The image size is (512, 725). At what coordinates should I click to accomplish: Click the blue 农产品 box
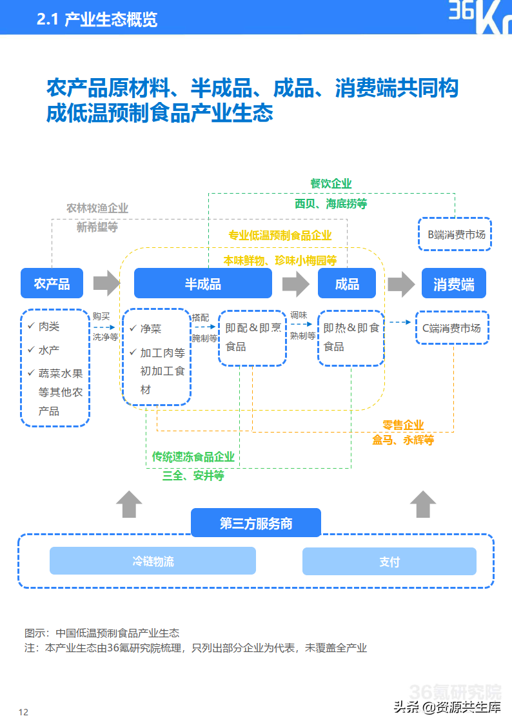[x=52, y=283]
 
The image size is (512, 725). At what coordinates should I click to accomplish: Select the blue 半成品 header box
[x=202, y=283]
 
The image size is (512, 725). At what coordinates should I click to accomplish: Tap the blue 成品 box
[x=347, y=283]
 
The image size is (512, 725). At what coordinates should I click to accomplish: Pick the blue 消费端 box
[x=453, y=283]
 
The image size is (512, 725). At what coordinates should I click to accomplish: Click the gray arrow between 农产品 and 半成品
[x=106, y=283]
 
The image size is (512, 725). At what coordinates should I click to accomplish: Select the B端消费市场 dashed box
[x=456, y=234]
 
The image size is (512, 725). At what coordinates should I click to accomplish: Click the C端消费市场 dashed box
[x=451, y=328]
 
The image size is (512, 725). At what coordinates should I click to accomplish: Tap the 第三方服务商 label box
[x=256, y=523]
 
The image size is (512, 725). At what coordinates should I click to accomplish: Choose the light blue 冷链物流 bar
[x=153, y=561]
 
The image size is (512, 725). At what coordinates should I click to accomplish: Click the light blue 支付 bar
[x=389, y=562]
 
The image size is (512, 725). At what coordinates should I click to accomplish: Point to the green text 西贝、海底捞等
[x=331, y=203]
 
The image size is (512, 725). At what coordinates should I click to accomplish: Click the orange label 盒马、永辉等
[x=403, y=440]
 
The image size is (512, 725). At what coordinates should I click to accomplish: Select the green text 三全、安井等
[x=193, y=475]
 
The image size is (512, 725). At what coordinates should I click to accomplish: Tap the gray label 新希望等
[x=97, y=227]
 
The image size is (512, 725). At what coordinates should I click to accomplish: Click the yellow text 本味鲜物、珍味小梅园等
[x=280, y=260]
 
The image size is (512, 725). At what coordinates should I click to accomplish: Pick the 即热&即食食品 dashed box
[x=351, y=338]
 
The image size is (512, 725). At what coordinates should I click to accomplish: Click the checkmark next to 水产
[x=30, y=349]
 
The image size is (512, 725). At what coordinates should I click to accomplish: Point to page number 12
[x=24, y=712]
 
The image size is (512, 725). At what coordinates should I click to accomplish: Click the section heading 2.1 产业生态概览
[x=97, y=20]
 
